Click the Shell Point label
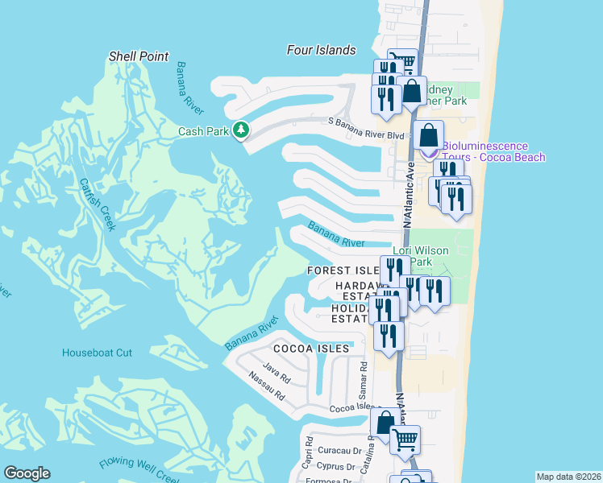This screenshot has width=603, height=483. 139,56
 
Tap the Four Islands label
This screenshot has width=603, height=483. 321,50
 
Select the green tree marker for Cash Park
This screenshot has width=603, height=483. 240,130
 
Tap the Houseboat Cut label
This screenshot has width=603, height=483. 97,353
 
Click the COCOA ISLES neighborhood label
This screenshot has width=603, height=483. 311,349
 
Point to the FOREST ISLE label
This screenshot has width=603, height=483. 343,271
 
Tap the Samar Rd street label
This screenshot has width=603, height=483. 364,379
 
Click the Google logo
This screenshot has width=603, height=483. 27,473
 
